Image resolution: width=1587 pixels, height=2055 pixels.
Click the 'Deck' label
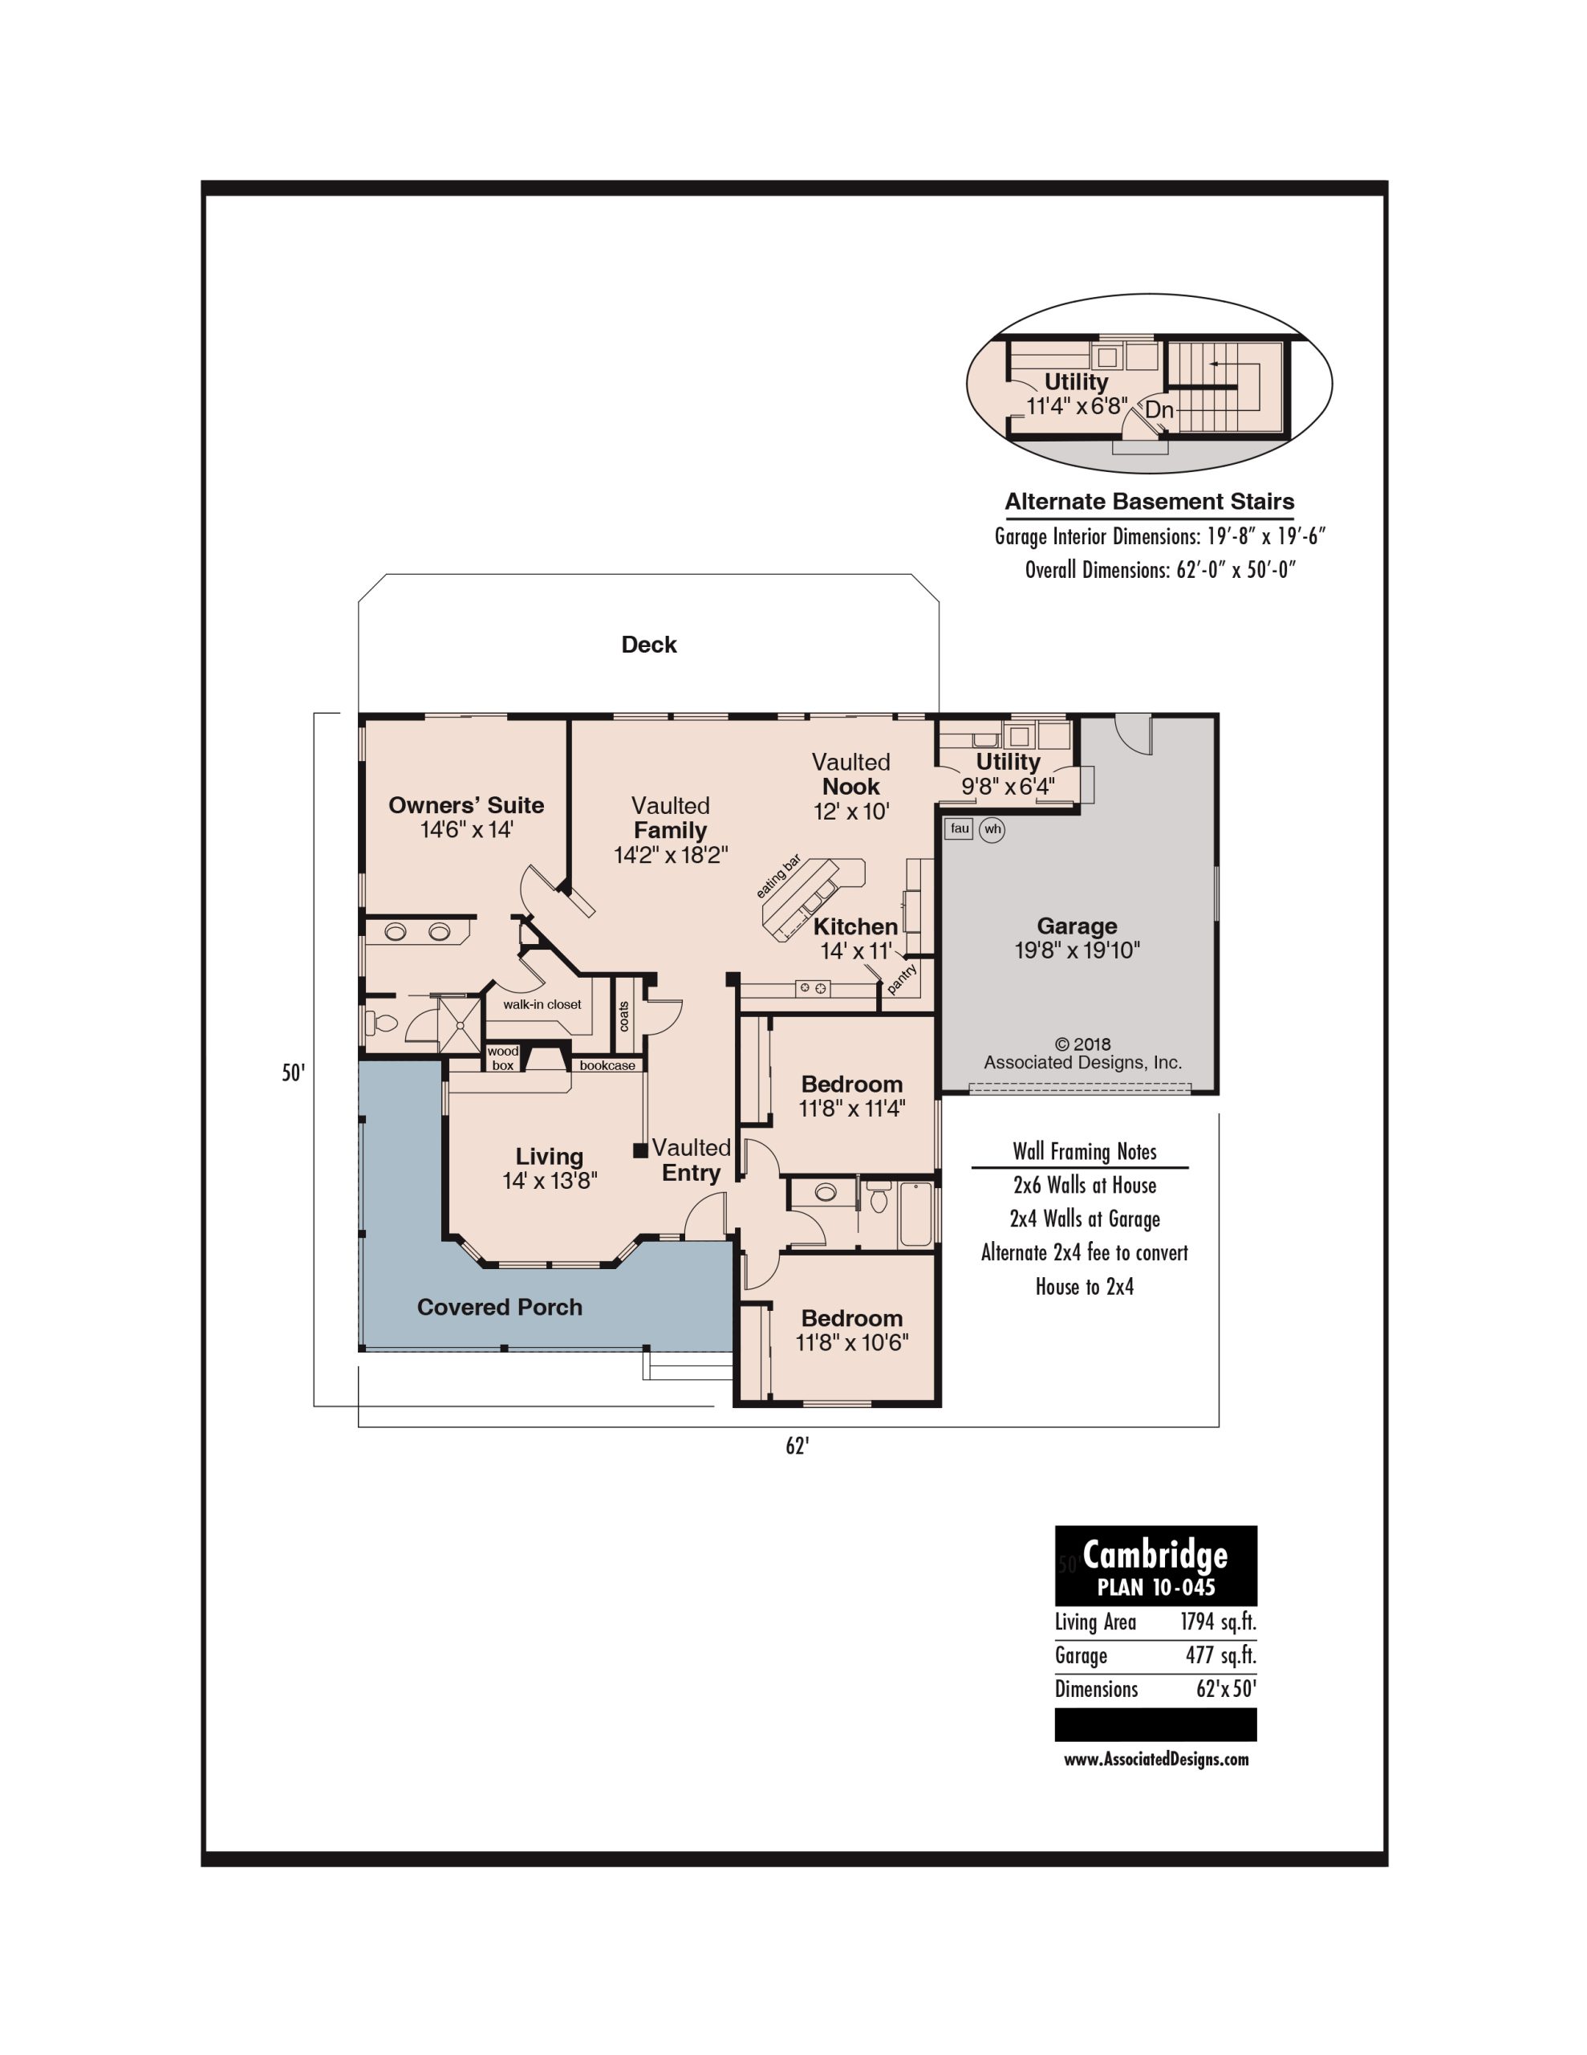pyautogui.click(x=649, y=645)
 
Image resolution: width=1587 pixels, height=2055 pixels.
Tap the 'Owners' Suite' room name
pyautogui.click(x=467, y=804)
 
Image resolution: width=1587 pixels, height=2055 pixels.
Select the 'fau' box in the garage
pyautogui.click(x=959, y=828)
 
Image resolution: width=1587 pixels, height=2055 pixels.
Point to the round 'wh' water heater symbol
pyautogui.click(x=992, y=829)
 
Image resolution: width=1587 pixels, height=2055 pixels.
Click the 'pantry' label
pyautogui.click(x=901, y=979)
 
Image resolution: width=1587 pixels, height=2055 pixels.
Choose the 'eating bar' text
pyautogui.click(x=779, y=876)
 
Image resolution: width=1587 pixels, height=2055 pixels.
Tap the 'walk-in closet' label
pyautogui.click(x=542, y=1004)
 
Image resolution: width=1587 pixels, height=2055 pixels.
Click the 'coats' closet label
pyautogui.click(x=623, y=1016)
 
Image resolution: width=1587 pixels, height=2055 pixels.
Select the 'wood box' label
pyautogui.click(x=503, y=1059)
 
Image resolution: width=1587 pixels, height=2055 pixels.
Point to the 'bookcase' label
pyautogui.click(x=607, y=1065)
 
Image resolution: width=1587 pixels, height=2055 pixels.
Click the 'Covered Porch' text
pyautogui.click(x=500, y=1307)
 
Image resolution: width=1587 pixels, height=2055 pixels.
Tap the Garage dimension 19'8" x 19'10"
pyautogui.click(x=1078, y=950)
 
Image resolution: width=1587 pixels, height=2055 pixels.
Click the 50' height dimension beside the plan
pyautogui.click(x=294, y=1072)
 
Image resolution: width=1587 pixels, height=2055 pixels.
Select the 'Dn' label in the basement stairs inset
pyautogui.click(x=1159, y=410)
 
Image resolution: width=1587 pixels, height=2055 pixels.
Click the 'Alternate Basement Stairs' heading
pyautogui.click(x=1150, y=502)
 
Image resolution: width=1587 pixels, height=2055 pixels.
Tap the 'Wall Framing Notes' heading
pyautogui.click(x=1085, y=1152)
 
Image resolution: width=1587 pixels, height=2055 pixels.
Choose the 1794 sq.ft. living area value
pyautogui.click(x=1218, y=1622)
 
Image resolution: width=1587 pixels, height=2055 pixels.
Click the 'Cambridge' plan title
pyautogui.click(x=1155, y=1554)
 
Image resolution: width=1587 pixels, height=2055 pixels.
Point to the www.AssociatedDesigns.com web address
pyautogui.click(x=1156, y=1759)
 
